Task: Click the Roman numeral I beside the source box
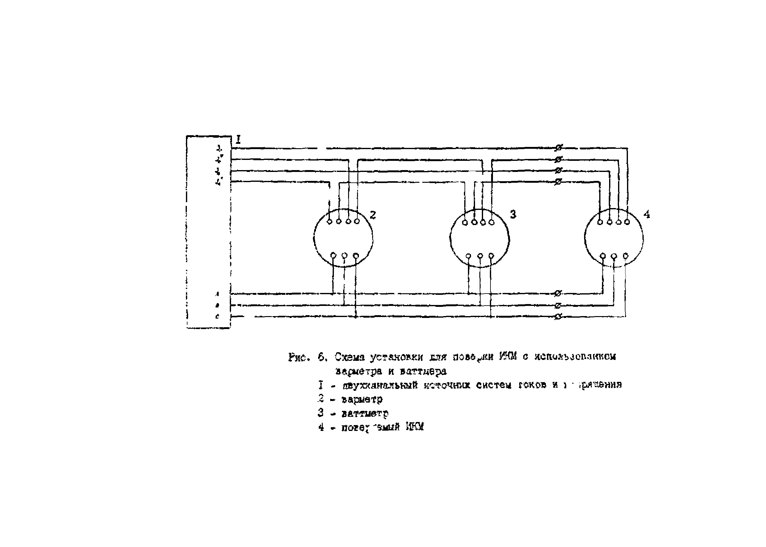tap(238, 140)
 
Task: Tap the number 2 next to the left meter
tap(372, 215)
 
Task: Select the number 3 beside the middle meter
tap(513, 214)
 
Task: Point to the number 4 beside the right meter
tap(647, 214)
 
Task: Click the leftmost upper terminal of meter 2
tap(330, 221)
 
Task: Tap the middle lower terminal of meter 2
tap(344, 255)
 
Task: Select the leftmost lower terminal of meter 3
tap(469, 256)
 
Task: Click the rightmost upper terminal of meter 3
tap(491, 222)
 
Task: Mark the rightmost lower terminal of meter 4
tap(626, 256)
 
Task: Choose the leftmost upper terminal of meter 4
tap(600, 222)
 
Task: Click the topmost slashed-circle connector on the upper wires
tap(558, 148)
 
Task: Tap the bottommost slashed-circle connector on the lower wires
tap(558, 317)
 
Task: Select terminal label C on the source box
tap(217, 317)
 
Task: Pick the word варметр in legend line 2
tap(362, 400)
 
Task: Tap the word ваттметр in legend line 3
tap(365, 413)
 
